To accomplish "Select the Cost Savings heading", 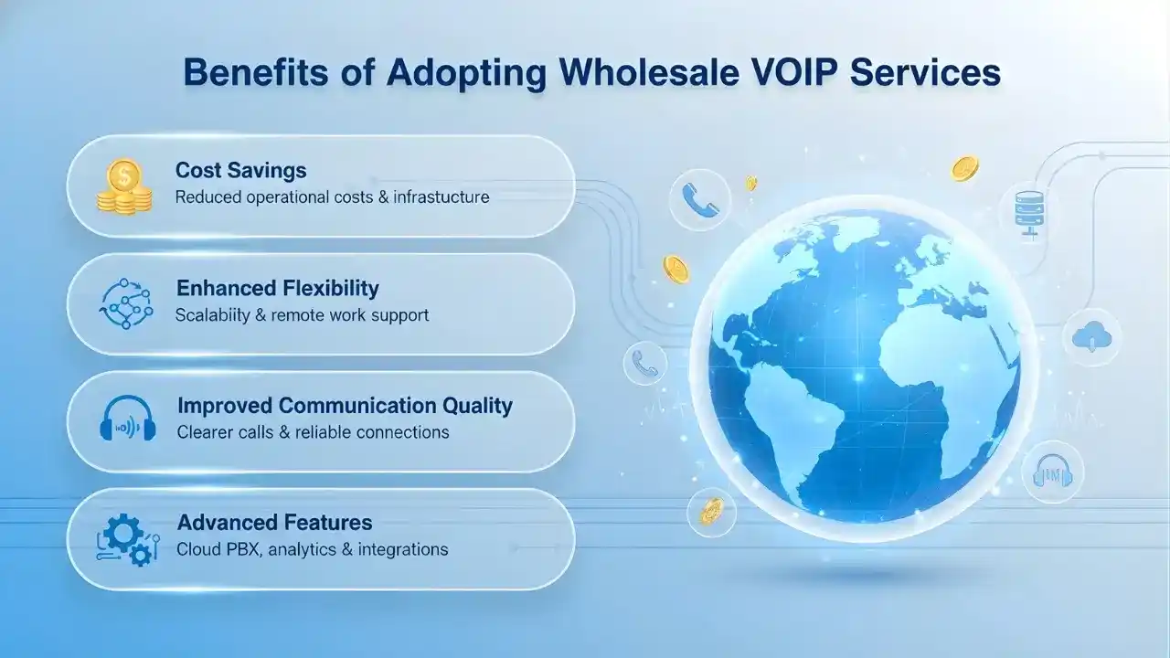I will [x=240, y=170].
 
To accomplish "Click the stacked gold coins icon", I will [x=124, y=187].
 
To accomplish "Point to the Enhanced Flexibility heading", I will [x=277, y=288].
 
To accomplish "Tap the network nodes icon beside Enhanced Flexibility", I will [x=125, y=303].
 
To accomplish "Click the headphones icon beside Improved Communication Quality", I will [x=125, y=421].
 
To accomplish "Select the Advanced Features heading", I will [x=274, y=523].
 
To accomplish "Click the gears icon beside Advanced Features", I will [x=125, y=539].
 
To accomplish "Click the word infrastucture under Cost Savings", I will [x=441, y=196].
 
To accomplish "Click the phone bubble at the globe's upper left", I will [x=699, y=201].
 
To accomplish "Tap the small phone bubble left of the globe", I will [x=645, y=364].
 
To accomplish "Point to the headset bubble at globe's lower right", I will [x=1052, y=473].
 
